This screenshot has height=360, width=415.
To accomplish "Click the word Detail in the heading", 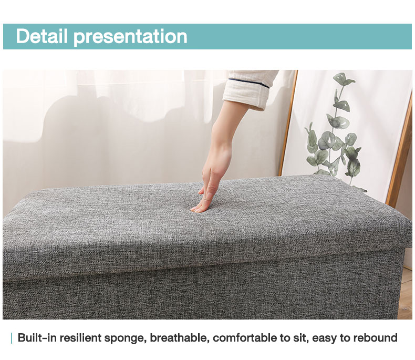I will [42, 36].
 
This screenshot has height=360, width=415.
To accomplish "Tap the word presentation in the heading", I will [130, 37].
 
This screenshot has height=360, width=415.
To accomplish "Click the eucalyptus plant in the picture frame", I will [336, 137].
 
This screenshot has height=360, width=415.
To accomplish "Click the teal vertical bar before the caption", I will [11, 338].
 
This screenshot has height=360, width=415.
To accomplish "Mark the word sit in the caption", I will [299, 338].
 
